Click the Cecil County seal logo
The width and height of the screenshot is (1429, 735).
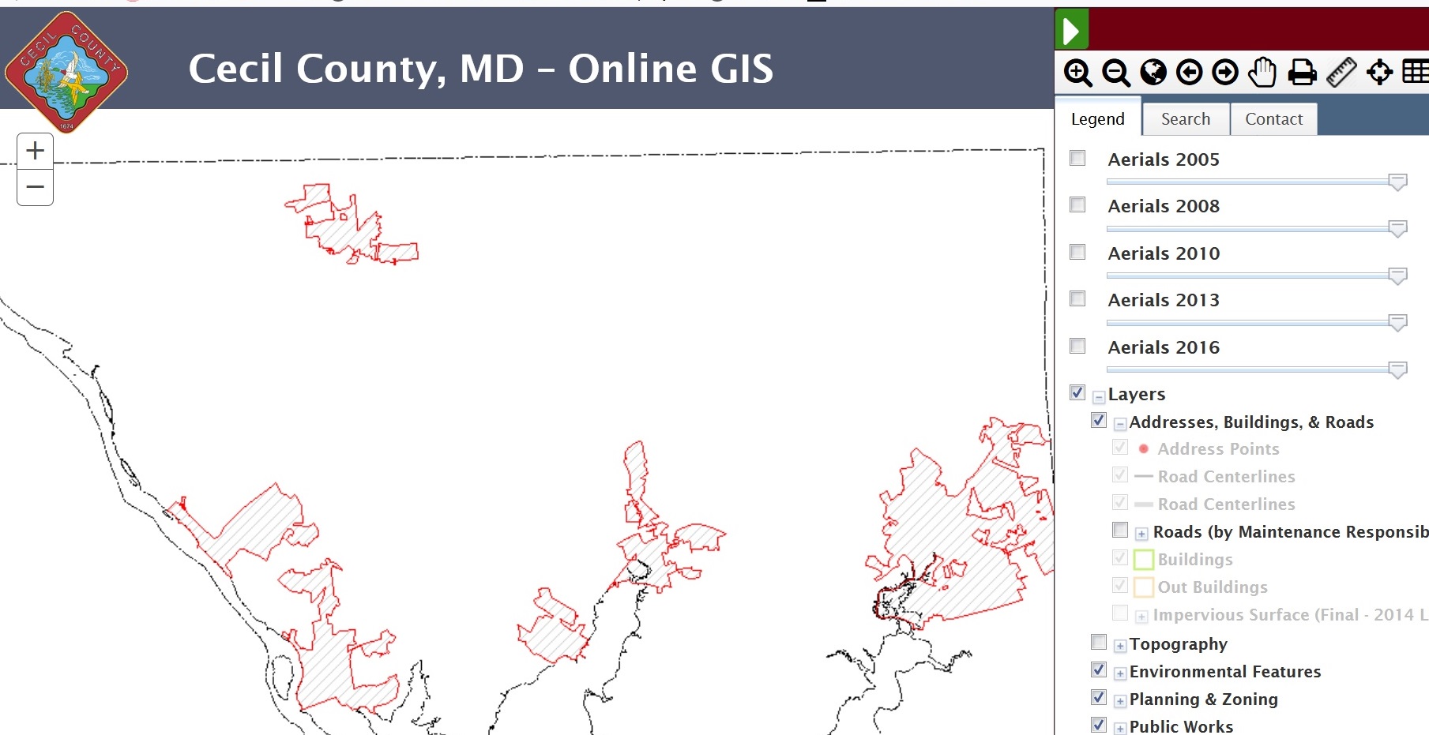point(66,71)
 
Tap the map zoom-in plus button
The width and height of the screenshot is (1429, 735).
point(35,151)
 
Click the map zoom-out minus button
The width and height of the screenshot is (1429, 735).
point(35,187)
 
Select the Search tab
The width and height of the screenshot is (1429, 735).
point(1185,119)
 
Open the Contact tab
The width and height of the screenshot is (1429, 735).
point(1273,119)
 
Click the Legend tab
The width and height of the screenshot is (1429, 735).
point(1097,119)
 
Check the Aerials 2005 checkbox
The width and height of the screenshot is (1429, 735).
point(1077,158)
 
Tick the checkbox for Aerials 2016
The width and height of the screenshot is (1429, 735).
point(1077,346)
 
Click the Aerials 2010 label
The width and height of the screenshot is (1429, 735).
point(1164,253)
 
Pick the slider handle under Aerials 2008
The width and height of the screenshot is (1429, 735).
point(1397,229)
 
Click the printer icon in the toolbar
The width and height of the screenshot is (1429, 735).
point(1302,73)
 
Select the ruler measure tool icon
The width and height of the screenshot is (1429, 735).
point(1341,73)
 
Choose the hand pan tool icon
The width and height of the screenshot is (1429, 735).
point(1262,73)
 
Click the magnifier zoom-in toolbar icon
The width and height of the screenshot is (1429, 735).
point(1077,73)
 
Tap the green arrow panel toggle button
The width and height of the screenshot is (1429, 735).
point(1072,31)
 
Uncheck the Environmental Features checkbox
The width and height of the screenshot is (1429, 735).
point(1098,669)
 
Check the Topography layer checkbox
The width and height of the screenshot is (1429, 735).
point(1098,642)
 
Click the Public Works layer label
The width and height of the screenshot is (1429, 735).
point(1181,726)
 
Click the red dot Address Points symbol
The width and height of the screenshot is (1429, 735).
point(1143,448)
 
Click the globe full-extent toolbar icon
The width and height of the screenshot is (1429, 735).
point(1153,73)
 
